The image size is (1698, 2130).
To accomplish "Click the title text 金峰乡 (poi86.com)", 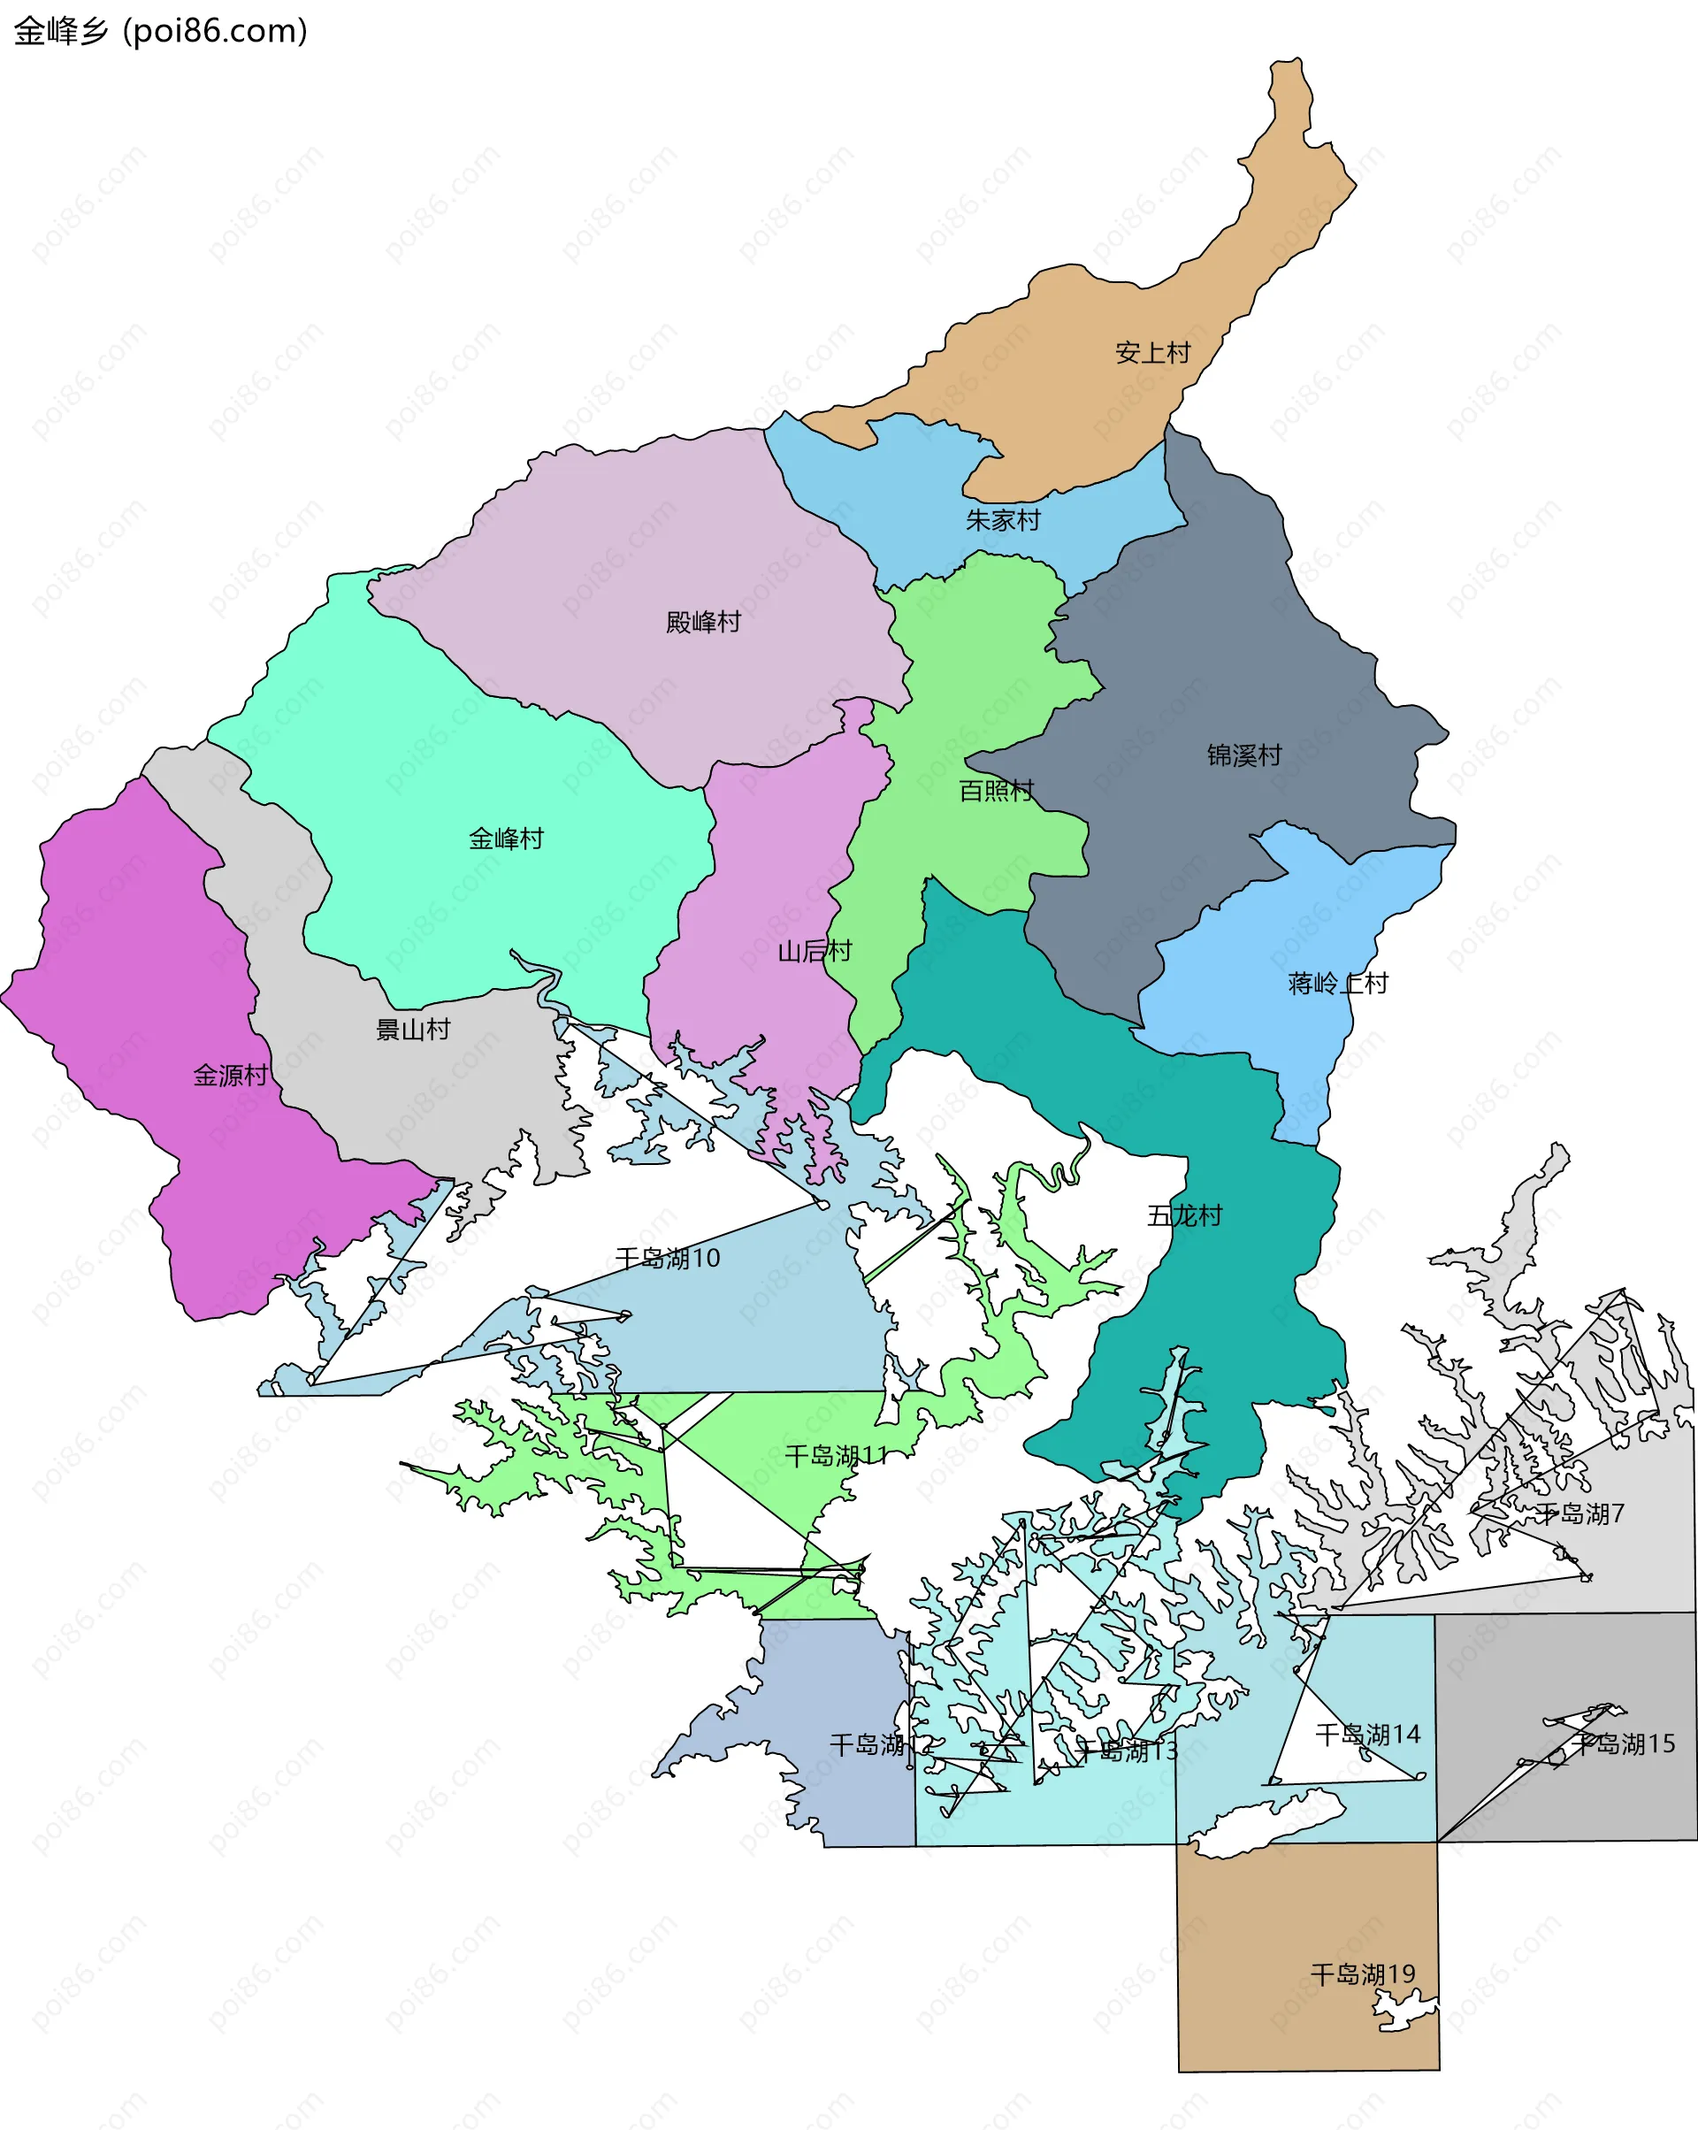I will pyautogui.click(x=160, y=32).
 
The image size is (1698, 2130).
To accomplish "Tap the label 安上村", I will pyautogui.click(x=1152, y=353).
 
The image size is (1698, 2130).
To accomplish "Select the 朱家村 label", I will pyautogui.click(x=1003, y=519).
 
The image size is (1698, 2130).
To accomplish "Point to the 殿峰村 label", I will pyautogui.click(x=702, y=622).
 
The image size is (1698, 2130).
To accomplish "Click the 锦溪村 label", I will pyautogui.click(x=1243, y=755).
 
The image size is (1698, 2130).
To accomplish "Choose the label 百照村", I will pyautogui.click(x=996, y=791).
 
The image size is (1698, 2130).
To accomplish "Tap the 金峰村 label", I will pyautogui.click(x=506, y=839).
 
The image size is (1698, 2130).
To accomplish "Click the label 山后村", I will pyautogui.click(x=814, y=950).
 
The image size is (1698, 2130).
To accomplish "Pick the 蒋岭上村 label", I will pyautogui.click(x=1337, y=983).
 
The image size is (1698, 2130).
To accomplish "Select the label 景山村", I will pyautogui.click(x=413, y=1030).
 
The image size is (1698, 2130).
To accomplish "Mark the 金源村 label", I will pyautogui.click(x=230, y=1075).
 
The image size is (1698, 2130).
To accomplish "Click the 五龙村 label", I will pyautogui.click(x=1184, y=1215).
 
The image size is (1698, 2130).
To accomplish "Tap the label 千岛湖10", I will pyautogui.click(x=668, y=1258).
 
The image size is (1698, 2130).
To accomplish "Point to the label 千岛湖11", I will pyautogui.click(x=836, y=1455).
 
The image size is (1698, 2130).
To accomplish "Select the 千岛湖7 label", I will pyautogui.click(x=1579, y=1513).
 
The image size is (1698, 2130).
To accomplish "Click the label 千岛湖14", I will pyautogui.click(x=1367, y=1734).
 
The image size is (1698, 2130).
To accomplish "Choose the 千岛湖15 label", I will pyautogui.click(x=1625, y=1743).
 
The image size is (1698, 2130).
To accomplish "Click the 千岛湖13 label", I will pyautogui.click(x=1126, y=1751).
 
